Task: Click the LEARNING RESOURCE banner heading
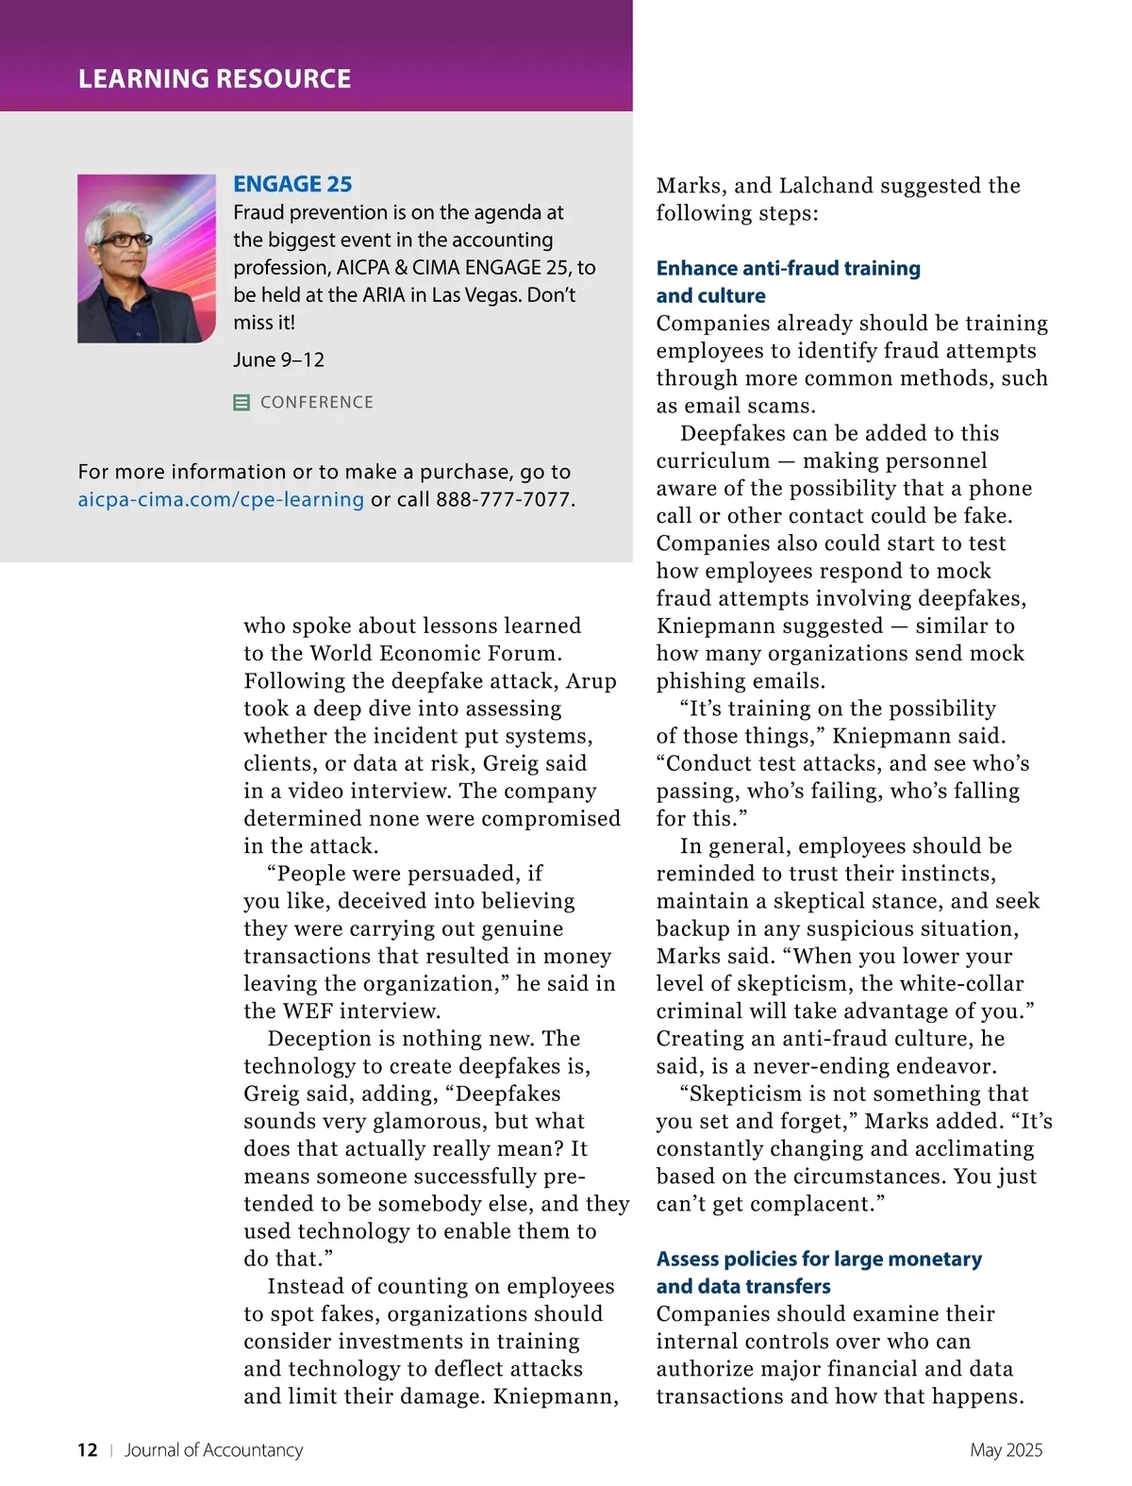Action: coord(214,78)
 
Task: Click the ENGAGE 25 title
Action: coord(292,184)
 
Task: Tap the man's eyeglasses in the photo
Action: coord(125,240)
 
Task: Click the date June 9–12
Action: coord(278,359)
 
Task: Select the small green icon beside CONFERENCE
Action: coord(241,403)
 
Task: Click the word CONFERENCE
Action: coord(317,403)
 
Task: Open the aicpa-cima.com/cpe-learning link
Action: coord(221,499)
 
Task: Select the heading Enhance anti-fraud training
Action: coord(788,268)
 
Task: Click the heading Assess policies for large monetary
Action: coord(819,1259)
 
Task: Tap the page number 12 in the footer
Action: coord(87,1450)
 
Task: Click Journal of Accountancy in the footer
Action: coord(213,1450)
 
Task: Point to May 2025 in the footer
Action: coord(1006,1450)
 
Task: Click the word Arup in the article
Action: coord(591,681)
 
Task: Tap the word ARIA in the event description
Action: coord(384,294)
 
